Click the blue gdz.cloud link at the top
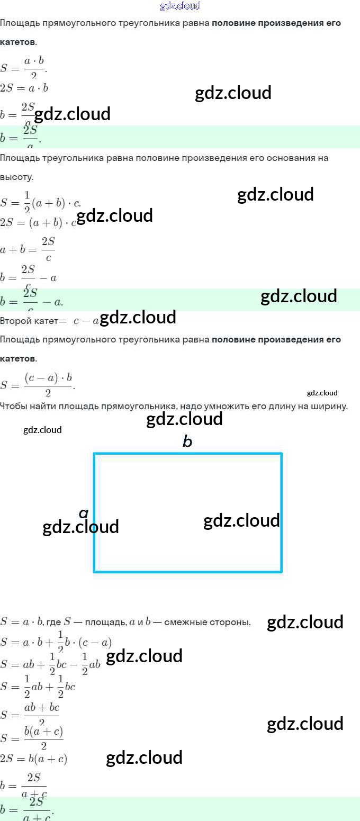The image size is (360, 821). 180,6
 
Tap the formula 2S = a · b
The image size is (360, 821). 24,88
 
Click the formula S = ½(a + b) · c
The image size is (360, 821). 40,202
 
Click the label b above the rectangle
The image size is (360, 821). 187,441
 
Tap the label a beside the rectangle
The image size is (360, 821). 83,512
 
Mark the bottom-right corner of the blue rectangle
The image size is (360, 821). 281,572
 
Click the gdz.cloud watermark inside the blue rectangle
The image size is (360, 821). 241,521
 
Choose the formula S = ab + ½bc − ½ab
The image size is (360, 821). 50,664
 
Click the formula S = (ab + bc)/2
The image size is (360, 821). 30,715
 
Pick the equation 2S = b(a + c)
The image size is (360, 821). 33,759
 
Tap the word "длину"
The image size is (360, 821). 289,407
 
